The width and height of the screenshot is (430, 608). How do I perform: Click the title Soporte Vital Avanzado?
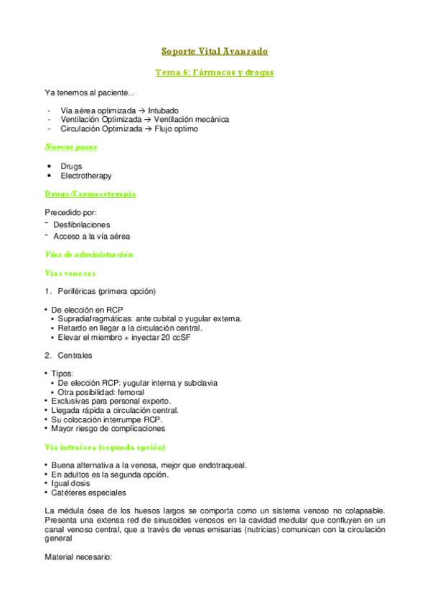pyautogui.click(x=215, y=52)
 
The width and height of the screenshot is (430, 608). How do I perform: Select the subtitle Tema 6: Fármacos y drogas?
pyautogui.click(x=215, y=72)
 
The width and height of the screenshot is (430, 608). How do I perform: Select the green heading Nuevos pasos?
pyautogui.click(x=71, y=147)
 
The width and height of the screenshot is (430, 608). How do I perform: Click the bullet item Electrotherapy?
pyautogui.click(x=86, y=176)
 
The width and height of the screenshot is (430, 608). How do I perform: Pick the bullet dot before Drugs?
pyautogui.click(x=49, y=166)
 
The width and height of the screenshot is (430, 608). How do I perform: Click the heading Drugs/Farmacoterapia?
pyautogui.click(x=90, y=194)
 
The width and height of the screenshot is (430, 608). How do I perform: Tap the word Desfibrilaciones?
pyautogui.click(x=82, y=224)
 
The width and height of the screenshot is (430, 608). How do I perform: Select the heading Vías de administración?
pyautogui.click(x=89, y=255)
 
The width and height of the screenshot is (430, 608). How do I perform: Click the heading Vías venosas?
pyautogui.click(x=70, y=273)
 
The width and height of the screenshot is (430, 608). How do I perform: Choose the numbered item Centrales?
pyautogui.click(x=75, y=356)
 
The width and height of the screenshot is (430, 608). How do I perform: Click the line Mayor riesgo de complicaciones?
pyautogui.click(x=108, y=429)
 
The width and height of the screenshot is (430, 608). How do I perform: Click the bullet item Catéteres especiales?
pyautogui.click(x=88, y=493)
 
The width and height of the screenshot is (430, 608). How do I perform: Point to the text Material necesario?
pyautogui.click(x=78, y=556)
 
